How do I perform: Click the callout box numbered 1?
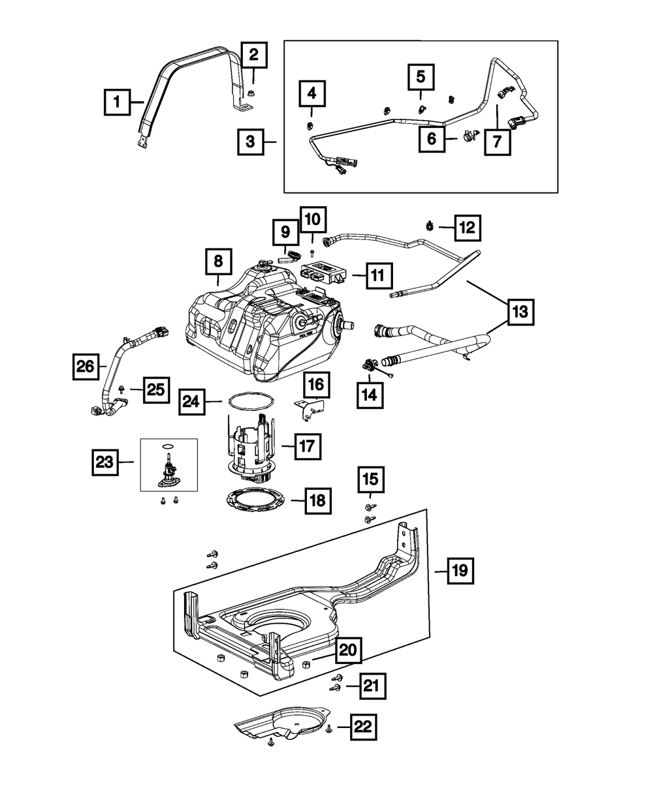coord(118,102)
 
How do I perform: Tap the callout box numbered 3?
coord(251,142)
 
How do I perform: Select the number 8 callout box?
coord(218,262)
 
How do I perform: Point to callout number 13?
coord(520,312)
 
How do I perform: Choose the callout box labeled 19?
coord(460,581)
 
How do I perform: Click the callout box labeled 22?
coord(363,727)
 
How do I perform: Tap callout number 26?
coord(86,367)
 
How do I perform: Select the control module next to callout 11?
coord(323,272)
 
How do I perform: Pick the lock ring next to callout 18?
coord(255,500)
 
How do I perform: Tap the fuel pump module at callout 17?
coord(251,448)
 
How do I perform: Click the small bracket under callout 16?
coord(309,410)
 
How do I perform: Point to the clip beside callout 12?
coord(430,226)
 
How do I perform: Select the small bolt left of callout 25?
coord(121,389)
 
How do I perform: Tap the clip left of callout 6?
coord(470,136)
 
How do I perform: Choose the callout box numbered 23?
coord(105,463)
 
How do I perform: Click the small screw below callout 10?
coord(312,252)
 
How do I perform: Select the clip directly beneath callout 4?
coord(310,125)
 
